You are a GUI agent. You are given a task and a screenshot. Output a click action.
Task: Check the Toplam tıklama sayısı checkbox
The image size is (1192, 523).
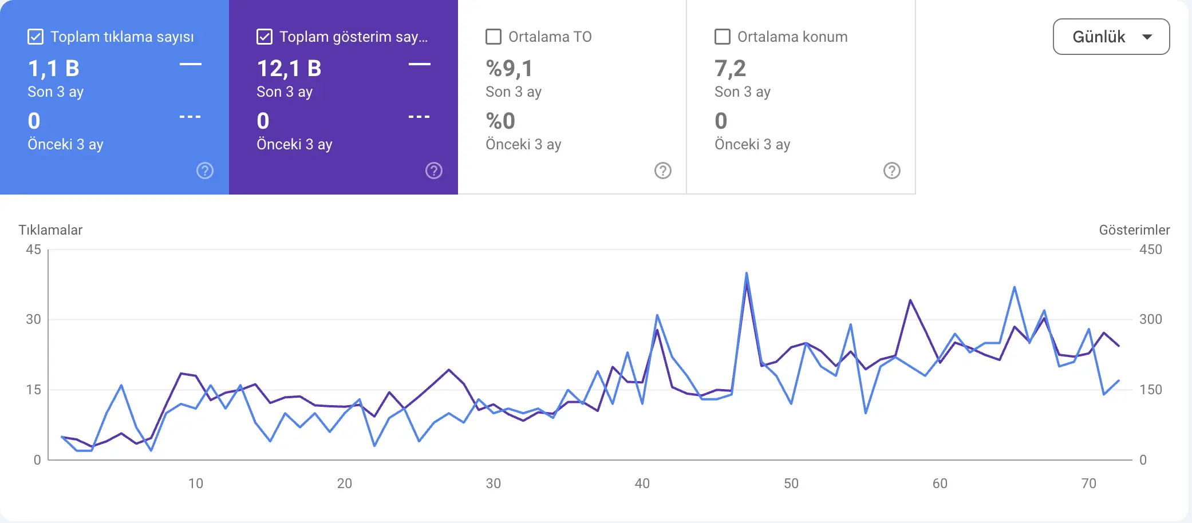click(x=35, y=37)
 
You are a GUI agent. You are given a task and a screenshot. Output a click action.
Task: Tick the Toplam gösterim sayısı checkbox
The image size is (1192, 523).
click(x=265, y=37)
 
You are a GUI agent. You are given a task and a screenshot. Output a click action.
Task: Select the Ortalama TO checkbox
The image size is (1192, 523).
click(x=494, y=37)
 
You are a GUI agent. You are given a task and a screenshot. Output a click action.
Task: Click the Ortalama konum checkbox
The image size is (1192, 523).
click(x=723, y=37)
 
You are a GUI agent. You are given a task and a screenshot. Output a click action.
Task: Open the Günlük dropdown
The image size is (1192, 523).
click(x=1111, y=37)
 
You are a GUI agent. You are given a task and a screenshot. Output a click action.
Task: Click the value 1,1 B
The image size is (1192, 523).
click(x=54, y=69)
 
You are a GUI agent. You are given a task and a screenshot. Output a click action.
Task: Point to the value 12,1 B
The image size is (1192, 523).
click(x=289, y=69)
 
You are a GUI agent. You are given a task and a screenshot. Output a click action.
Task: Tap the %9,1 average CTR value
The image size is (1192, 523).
click(x=510, y=69)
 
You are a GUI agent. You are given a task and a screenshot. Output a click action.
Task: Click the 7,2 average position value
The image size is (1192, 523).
click(x=730, y=69)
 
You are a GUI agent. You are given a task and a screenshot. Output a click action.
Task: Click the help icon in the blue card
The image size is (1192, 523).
click(x=205, y=171)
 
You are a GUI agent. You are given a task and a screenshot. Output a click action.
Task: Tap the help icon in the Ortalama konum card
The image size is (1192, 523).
click(x=891, y=171)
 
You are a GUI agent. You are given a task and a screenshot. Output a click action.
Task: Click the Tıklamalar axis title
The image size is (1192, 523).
click(x=50, y=230)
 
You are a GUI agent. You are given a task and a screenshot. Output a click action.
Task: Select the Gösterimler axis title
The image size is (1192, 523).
click(x=1134, y=230)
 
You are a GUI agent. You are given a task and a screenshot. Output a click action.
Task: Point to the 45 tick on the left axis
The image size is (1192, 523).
click(x=33, y=249)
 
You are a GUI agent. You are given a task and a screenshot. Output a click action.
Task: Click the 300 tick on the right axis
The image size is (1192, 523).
click(x=1150, y=319)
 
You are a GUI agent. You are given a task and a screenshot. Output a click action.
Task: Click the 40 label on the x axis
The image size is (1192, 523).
click(x=642, y=484)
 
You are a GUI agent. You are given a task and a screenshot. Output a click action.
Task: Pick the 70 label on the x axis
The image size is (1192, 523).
click(x=1088, y=484)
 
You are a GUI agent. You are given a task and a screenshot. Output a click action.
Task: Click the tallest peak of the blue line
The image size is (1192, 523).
click(x=747, y=274)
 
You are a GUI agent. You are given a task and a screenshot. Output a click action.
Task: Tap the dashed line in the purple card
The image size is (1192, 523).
click(x=419, y=117)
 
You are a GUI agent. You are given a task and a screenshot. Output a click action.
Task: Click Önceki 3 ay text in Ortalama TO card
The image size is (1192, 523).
click(x=523, y=144)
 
